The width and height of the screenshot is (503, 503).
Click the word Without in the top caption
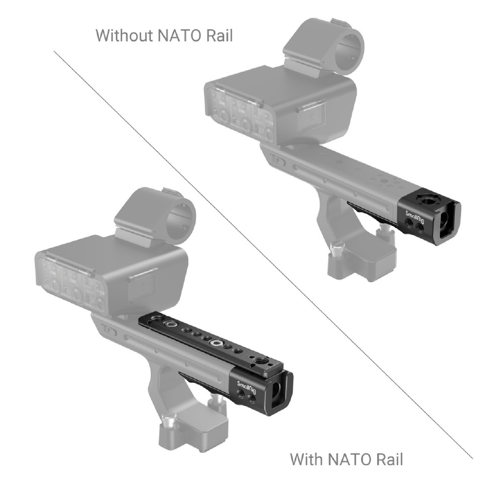click(x=124, y=35)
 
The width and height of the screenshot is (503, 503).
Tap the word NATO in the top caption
click(x=180, y=35)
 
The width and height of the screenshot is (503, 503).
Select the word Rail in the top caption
click(x=219, y=35)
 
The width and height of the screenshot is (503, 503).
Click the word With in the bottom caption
click(x=306, y=459)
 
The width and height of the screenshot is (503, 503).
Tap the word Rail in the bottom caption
click(x=389, y=459)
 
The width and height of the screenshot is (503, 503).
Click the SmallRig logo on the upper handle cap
click(x=416, y=217)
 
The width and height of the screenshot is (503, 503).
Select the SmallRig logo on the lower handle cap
click(x=247, y=386)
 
